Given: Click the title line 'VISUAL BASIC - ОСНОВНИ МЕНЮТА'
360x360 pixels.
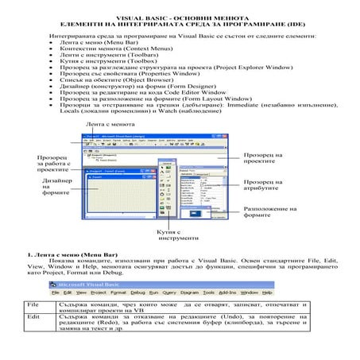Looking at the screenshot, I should [180, 15].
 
